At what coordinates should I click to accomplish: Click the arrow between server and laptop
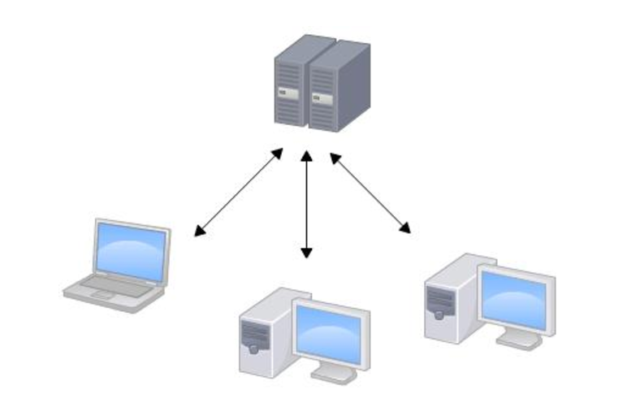click(x=239, y=192)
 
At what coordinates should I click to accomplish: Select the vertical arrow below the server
click(x=306, y=203)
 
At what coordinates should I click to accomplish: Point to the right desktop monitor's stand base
click(x=519, y=341)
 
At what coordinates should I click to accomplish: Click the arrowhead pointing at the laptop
click(x=198, y=233)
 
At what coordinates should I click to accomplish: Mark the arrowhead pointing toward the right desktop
click(x=406, y=229)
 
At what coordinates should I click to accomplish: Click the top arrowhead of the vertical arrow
click(x=306, y=154)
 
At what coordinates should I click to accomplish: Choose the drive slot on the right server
click(x=323, y=99)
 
